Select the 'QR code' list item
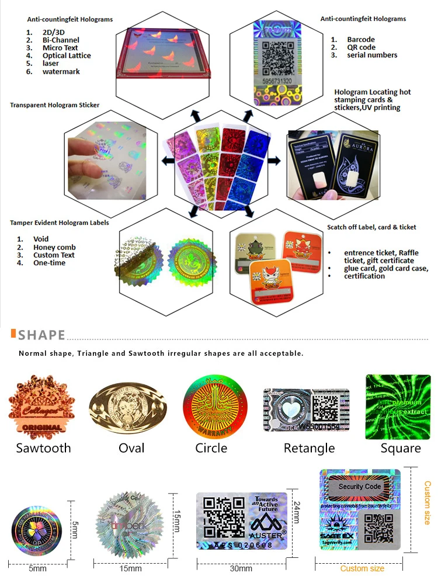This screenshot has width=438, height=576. click(360, 47)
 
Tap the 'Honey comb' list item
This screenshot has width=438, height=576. click(54, 247)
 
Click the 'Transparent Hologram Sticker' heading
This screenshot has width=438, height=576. click(54, 105)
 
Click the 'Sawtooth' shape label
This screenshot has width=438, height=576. click(43, 448)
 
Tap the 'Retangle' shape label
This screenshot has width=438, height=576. click(309, 448)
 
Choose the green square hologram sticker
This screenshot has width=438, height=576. click(398, 407)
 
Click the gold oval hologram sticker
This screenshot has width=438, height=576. click(127, 407)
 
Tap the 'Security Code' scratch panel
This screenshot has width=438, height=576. click(360, 487)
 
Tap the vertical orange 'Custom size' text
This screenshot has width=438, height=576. click(427, 502)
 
